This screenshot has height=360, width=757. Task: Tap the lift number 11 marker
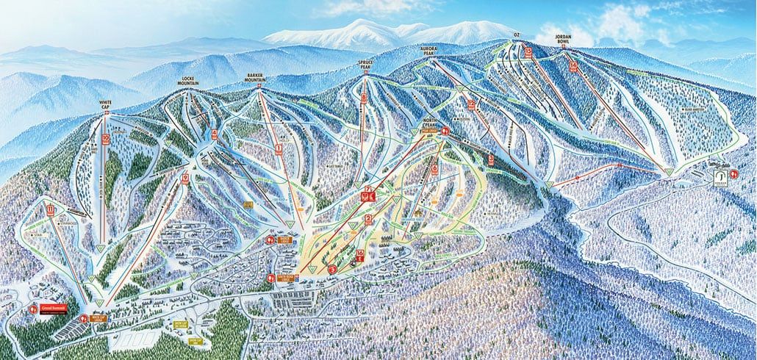click(x=50, y=210)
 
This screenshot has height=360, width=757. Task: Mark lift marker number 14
click(x=573, y=65)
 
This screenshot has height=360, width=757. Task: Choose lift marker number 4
click(x=215, y=134)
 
